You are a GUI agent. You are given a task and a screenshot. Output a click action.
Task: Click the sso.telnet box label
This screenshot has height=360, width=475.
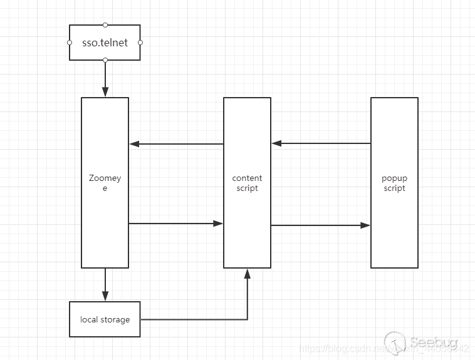tap(105, 43)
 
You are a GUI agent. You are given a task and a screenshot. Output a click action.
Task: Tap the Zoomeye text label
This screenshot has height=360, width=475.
tap(105, 183)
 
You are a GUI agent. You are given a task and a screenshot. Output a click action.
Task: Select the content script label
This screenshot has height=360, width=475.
tap(247, 183)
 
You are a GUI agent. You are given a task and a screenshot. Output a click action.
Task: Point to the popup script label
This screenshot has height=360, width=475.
tap(394, 183)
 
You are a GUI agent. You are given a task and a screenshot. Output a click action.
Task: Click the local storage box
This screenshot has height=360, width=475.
tap(105, 319)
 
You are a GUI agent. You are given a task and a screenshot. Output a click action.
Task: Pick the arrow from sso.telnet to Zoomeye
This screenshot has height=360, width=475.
tap(105, 78)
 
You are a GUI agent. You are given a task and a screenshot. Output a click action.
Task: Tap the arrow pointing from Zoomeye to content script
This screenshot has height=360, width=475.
tap(175, 223)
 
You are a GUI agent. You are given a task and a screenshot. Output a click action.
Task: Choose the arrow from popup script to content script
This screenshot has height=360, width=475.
tap(321, 143)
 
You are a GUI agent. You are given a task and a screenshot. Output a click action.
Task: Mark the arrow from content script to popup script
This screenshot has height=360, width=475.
tap(321, 225)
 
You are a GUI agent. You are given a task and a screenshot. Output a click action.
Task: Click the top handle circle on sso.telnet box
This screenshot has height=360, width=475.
tap(105, 25)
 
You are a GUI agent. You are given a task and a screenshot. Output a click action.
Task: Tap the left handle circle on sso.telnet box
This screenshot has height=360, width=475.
tap(70, 43)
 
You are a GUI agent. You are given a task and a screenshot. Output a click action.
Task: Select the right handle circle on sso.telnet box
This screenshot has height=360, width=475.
tap(140, 43)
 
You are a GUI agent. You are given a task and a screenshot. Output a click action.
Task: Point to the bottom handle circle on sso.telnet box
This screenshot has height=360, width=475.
tap(105, 60)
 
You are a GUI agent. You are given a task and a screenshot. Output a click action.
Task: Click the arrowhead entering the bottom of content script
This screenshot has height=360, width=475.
tap(248, 273)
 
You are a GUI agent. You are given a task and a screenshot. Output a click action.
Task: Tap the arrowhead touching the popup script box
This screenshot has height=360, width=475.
tap(366, 225)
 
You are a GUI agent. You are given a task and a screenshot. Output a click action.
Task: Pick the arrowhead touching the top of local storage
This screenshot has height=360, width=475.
tap(105, 297)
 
